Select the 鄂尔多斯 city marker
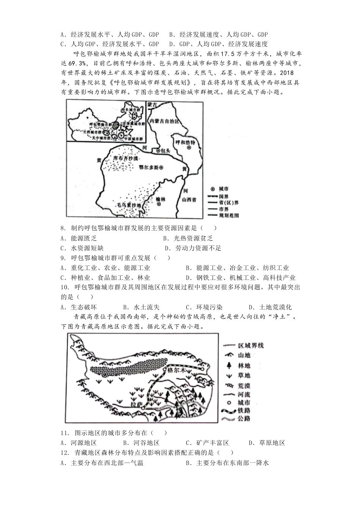coord(161,167)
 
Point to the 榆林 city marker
coord(159,204)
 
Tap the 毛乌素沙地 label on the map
coord(127,205)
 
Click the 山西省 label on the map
coord(188,200)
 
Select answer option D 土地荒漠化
coord(270,307)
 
